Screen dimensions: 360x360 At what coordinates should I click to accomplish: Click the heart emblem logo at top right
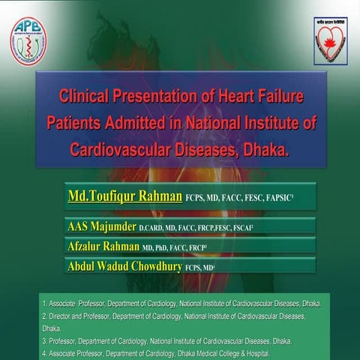coord(330,40)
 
